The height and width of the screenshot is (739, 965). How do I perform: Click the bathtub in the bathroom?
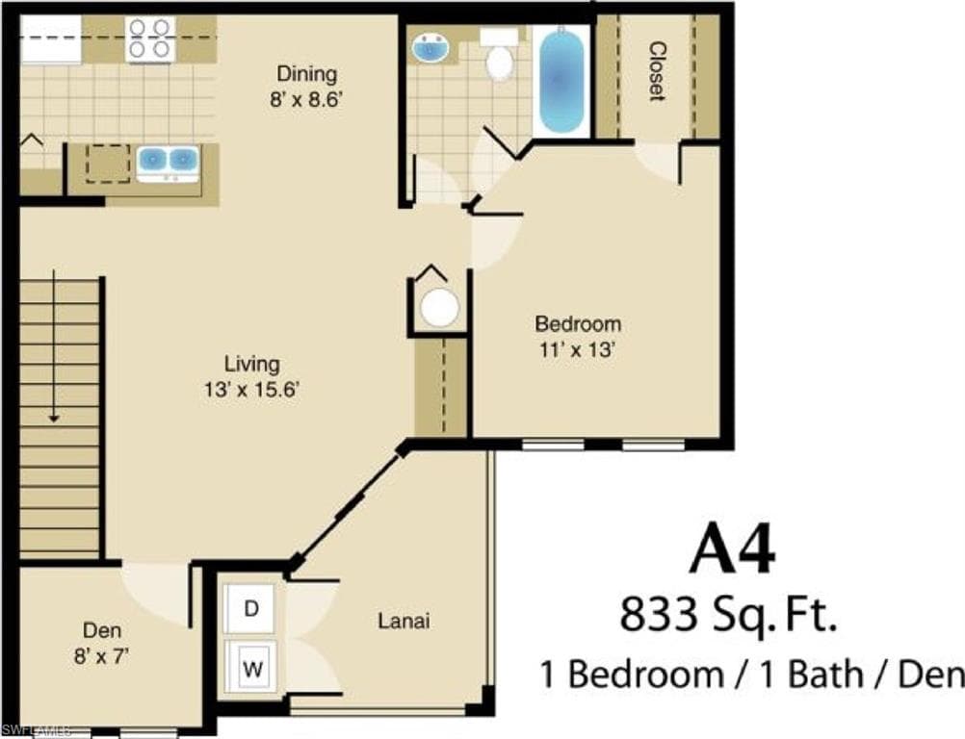pos(561,81)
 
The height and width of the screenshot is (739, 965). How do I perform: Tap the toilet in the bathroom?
pos(499,55)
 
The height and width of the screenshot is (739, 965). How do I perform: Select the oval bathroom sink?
pos(430,48)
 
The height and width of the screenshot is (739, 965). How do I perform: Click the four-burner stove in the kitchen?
pos(150,38)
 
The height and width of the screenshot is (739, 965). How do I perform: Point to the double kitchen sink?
pos(168,163)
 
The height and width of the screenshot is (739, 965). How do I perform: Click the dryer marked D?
pos(250,609)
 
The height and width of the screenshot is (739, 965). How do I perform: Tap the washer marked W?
pos(252,668)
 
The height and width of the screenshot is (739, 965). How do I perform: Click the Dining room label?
pos(306,73)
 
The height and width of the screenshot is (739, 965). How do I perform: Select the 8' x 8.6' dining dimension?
pos(305,99)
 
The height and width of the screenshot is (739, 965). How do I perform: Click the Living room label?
pos(251,364)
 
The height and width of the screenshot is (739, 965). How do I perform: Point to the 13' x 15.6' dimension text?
pos(251,389)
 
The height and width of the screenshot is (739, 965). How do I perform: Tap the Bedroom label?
pos(578,323)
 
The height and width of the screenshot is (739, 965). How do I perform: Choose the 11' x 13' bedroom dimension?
pos(577,349)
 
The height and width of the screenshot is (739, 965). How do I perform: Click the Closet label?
pos(657,70)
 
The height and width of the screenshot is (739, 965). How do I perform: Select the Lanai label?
pos(404,621)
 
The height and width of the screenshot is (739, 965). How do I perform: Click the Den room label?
pos(102,630)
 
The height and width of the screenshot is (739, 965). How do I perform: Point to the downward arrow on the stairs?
pos(54,345)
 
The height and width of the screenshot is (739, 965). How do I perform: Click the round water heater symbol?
pos(439,306)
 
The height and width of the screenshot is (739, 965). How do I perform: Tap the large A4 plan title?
pos(732,550)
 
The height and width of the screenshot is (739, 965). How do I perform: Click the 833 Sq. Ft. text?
pos(728,615)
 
